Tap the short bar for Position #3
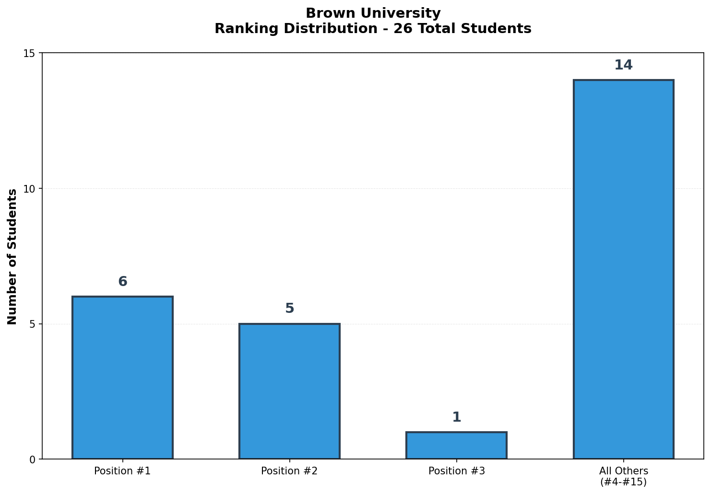pyautogui.click(x=456, y=445)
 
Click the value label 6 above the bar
pyautogui.click(x=122, y=282)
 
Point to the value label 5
pyautogui.click(x=289, y=309)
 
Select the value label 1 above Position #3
pyautogui.click(x=456, y=417)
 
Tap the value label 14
pyautogui.click(x=623, y=65)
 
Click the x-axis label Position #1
pyautogui.click(x=122, y=471)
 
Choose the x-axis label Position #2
pyautogui.click(x=289, y=471)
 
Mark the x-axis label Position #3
pyautogui.click(x=456, y=471)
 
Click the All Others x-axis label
pyautogui.click(x=623, y=471)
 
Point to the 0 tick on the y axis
pyautogui.click(x=32, y=460)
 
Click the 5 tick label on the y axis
pyautogui.click(x=32, y=324)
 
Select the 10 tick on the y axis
pyautogui.click(x=29, y=189)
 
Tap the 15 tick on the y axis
pyautogui.click(x=29, y=53)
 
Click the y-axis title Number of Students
pyautogui.click(x=12, y=256)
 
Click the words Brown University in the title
pyautogui.click(x=373, y=13)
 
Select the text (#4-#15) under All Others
pyautogui.click(x=623, y=482)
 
